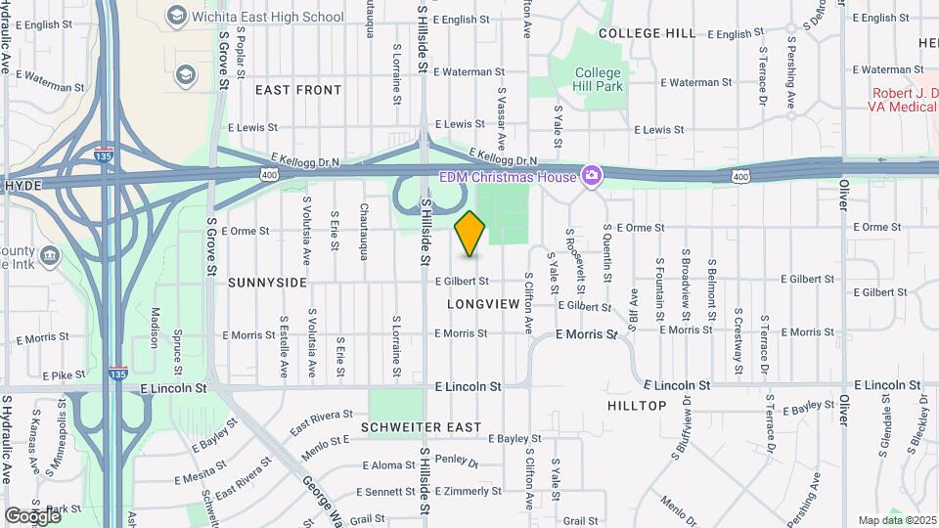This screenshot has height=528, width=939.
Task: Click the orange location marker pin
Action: [x=470, y=234]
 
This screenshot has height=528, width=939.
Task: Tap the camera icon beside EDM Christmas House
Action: [x=591, y=175]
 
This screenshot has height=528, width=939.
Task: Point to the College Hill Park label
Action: [x=598, y=79]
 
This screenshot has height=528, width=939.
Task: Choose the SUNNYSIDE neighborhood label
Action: [x=267, y=283]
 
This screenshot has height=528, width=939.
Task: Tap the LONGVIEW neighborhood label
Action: [x=483, y=304]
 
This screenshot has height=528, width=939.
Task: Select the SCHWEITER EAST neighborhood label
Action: [x=421, y=427]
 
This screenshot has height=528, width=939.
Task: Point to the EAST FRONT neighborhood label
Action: [x=298, y=90]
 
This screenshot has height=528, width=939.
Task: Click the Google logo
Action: [x=32, y=515]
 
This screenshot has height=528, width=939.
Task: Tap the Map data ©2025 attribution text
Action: [x=897, y=520]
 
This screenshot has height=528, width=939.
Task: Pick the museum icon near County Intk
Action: [x=51, y=256]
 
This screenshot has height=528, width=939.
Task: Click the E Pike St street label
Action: [x=65, y=374]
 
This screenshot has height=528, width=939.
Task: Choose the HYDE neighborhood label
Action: [x=22, y=184]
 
